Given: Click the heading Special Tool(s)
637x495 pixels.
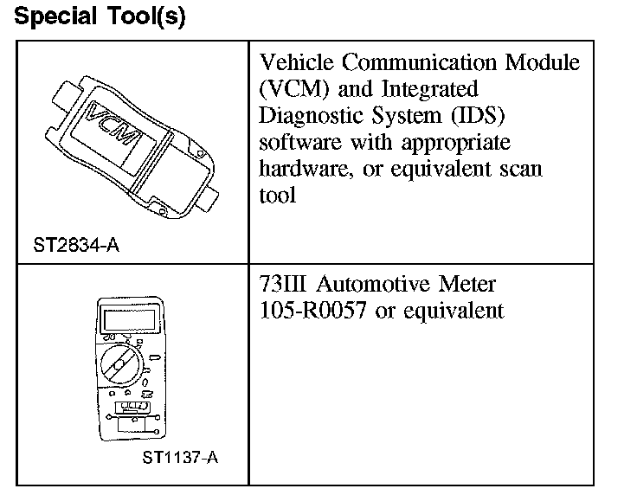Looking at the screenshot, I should coord(100,17).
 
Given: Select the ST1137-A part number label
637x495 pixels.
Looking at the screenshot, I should coord(180,456).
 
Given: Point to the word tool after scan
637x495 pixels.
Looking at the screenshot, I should coord(277,195).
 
